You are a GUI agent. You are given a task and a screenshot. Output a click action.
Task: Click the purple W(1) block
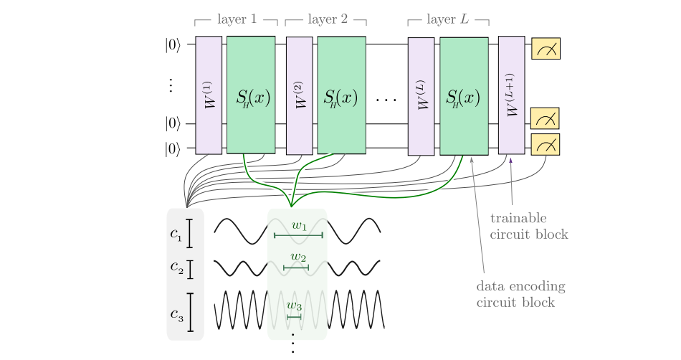[209, 95]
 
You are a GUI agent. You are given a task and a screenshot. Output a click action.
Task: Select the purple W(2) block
[299, 95]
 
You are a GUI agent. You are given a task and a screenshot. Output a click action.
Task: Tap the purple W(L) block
[421, 95]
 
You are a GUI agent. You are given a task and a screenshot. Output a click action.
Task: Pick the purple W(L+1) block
[511, 95]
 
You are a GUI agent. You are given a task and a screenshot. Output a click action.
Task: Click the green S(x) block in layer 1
[251, 95]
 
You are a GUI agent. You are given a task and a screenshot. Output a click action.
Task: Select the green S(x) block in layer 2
[342, 95]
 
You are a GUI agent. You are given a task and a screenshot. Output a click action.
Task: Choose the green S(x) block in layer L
[464, 95]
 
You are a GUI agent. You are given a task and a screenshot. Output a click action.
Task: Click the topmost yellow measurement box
[546, 49]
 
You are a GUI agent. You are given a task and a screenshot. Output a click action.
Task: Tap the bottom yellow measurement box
[546, 145]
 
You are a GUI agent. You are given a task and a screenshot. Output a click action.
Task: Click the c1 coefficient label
[176, 233]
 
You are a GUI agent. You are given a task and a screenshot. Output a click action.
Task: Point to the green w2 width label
[298, 257]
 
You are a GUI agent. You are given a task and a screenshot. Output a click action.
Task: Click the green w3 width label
[294, 305]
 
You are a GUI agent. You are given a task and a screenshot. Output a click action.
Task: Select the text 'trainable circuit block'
[528, 226]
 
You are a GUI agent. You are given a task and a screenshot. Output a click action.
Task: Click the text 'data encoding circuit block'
[520, 295]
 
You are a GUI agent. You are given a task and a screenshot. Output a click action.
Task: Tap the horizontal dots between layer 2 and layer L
[386, 98]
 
